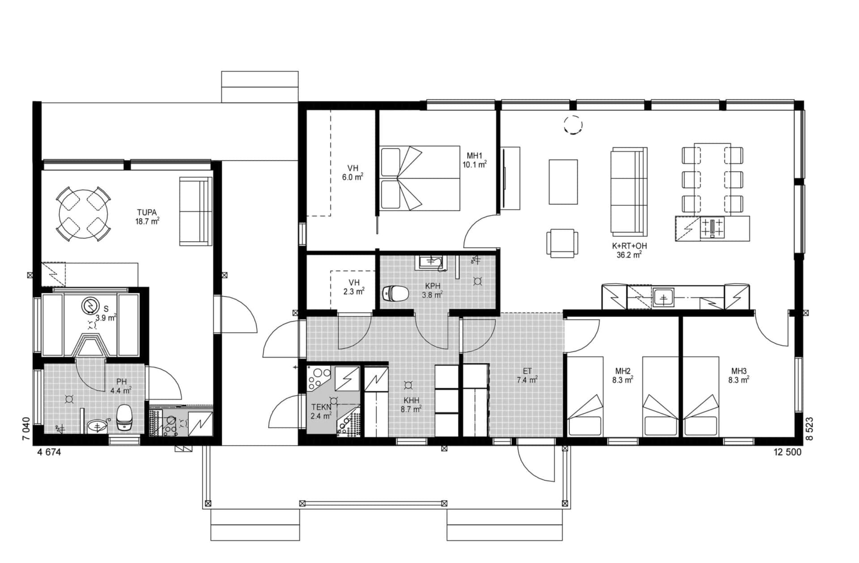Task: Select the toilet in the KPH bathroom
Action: click(x=395, y=294)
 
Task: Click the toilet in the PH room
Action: click(x=123, y=418)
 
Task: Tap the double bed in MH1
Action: click(x=419, y=178)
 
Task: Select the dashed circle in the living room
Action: click(x=573, y=125)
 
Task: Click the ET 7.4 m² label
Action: click(x=527, y=375)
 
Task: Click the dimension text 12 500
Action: click(x=787, y=452)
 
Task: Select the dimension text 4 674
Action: click(x=49, y=452)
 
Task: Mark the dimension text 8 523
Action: click(x=809, y=429)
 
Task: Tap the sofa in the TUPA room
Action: click(x=196, y=211)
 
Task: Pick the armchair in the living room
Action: click(x=561, y=243)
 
